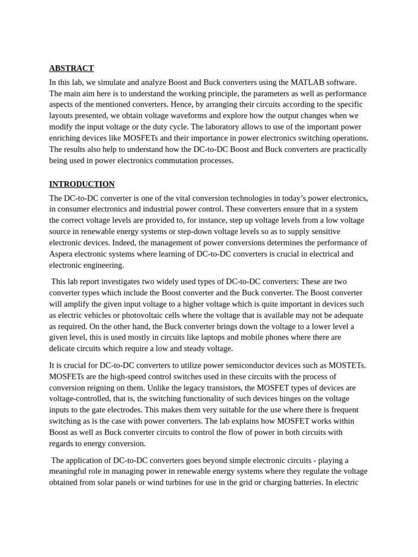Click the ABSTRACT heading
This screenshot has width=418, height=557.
tap(71, 68)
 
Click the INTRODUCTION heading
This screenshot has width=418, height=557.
tap(82, 184)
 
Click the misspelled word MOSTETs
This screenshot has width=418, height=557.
tap(347, 366)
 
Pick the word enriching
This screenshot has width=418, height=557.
tap(66, 138)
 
